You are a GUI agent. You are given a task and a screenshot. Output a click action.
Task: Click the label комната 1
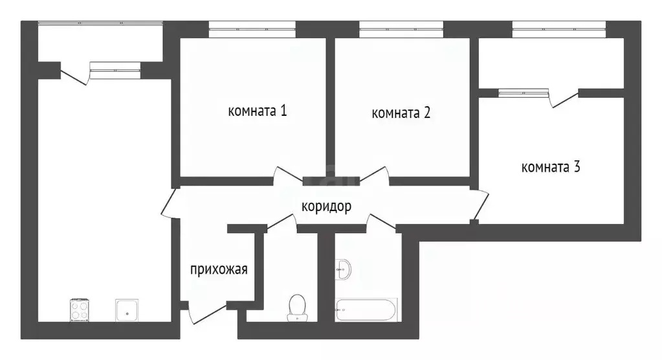[257, 111]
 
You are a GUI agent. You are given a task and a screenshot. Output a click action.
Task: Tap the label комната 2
[401, 113]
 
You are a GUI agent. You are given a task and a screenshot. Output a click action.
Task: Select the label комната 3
[551, 167]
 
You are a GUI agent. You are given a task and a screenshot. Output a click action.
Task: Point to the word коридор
[326, 207]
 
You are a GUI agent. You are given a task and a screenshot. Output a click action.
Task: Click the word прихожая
[219, 269]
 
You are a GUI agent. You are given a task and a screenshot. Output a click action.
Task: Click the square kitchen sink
[127, 309]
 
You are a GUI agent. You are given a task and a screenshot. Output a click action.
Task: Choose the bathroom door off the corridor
[381, 222]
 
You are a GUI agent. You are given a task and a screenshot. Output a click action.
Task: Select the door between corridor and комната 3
[480, 204]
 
